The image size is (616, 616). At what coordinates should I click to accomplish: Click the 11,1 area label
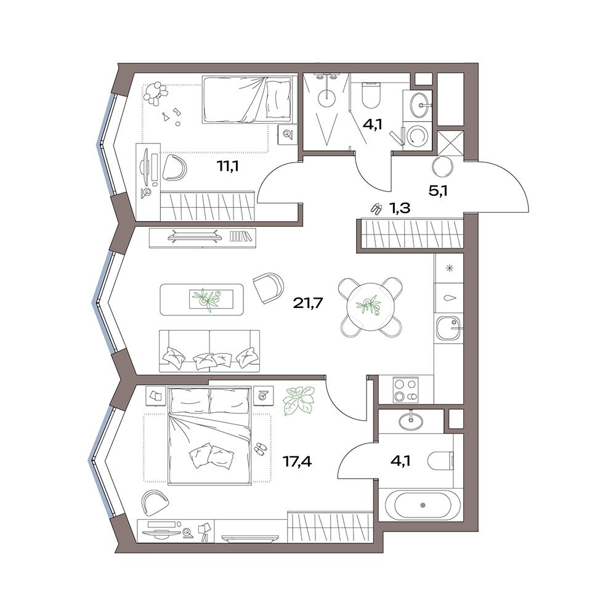[228, 167]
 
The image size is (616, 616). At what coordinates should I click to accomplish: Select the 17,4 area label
[298, 461]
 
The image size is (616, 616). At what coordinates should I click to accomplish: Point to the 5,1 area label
[438, 191]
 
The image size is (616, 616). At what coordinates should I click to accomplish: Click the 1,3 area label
[400, 208]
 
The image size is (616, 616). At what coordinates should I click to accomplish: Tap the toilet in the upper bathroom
[370, 95]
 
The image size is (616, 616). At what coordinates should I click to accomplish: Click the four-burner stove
[405, 390]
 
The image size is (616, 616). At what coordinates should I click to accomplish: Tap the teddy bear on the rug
[156, 93]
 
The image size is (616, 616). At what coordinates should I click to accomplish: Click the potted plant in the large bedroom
[299, 400]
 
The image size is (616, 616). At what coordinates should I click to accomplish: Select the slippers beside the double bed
[259, 448]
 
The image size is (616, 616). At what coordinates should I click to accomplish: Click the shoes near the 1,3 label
[376, 209]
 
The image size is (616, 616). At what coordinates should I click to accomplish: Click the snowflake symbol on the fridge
[449, 269]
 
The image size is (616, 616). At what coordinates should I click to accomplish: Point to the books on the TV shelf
[240, 236]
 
